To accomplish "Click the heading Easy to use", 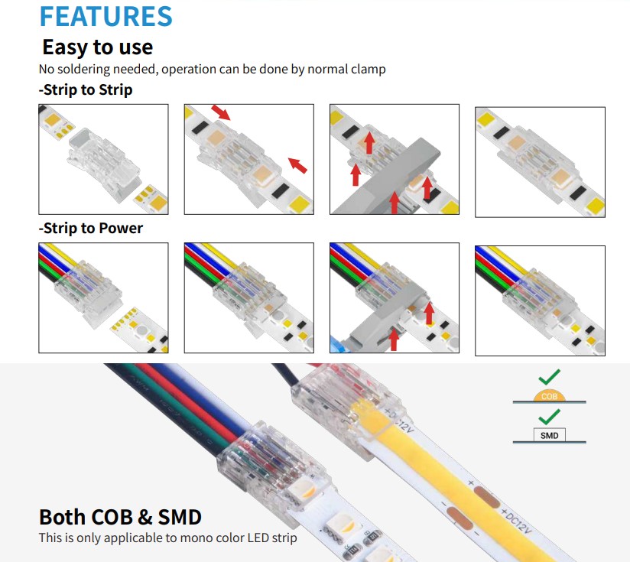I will point(97,47).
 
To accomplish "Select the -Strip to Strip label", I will point(85,89).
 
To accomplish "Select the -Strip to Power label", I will point(90,228).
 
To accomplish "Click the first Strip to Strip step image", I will point(103,159).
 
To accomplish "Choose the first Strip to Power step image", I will point(103,297).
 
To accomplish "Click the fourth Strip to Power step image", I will point(540,300).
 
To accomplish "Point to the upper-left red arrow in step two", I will point(220,112).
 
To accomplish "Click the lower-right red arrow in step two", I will point(297,164).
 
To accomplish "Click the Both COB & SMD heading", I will point(120,516).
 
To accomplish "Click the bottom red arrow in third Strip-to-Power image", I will point(395,338).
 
